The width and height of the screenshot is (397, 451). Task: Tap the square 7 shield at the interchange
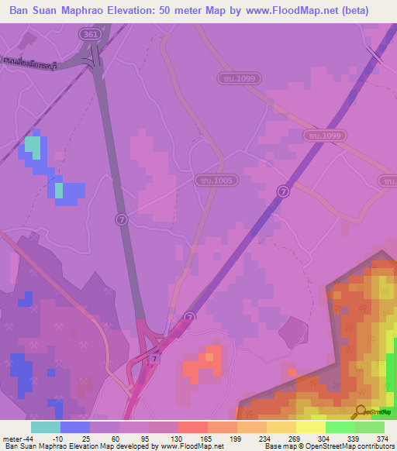155,358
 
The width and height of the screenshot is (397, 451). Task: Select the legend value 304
325,439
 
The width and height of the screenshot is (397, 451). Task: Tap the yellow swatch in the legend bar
310,427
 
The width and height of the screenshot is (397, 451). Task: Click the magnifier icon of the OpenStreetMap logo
361,411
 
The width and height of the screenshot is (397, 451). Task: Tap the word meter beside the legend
12,439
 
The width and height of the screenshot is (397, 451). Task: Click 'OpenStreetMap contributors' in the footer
351,447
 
